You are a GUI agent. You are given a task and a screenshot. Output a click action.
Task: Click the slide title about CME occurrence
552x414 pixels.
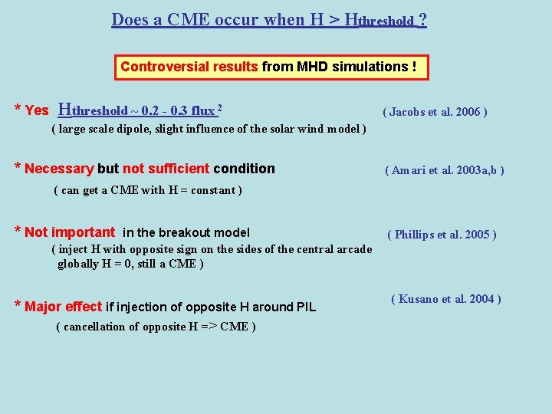[x=269, y=20]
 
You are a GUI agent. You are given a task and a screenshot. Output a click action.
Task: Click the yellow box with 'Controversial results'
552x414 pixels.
[x=269, y=67]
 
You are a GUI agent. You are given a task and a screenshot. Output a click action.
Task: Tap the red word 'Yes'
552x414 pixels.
[x=37, y=110]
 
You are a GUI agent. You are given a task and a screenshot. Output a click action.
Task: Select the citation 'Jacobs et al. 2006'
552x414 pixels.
[x=435, y=112]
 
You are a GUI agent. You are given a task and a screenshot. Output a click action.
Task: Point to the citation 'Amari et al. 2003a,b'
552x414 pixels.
[x=444, y=170]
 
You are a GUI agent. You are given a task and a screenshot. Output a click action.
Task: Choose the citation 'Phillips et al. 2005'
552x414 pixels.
[x=442, y=235]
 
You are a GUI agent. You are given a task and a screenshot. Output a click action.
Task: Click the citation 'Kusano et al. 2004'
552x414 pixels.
[x=445, y=299]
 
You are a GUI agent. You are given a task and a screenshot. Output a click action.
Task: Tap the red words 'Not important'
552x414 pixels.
[x=70, y=232]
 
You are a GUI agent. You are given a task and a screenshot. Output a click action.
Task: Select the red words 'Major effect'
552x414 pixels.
[x=64, y=307]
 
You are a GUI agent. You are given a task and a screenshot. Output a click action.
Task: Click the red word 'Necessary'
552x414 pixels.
[x=59, y=169]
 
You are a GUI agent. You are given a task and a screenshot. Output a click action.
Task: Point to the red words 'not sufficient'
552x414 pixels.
[x=166, y=169]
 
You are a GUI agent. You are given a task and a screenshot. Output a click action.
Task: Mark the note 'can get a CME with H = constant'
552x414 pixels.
[x=148, y=190]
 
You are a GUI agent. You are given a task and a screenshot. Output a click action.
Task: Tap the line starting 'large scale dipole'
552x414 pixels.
[x=209, y=129]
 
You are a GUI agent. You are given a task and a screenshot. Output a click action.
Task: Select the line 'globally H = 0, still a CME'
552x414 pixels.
[x=130, y=264]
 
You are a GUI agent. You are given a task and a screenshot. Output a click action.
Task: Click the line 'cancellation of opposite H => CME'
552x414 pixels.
[x=156, y=327]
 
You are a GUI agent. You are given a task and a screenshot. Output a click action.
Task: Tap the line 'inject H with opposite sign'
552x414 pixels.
[x=212, y=249]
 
